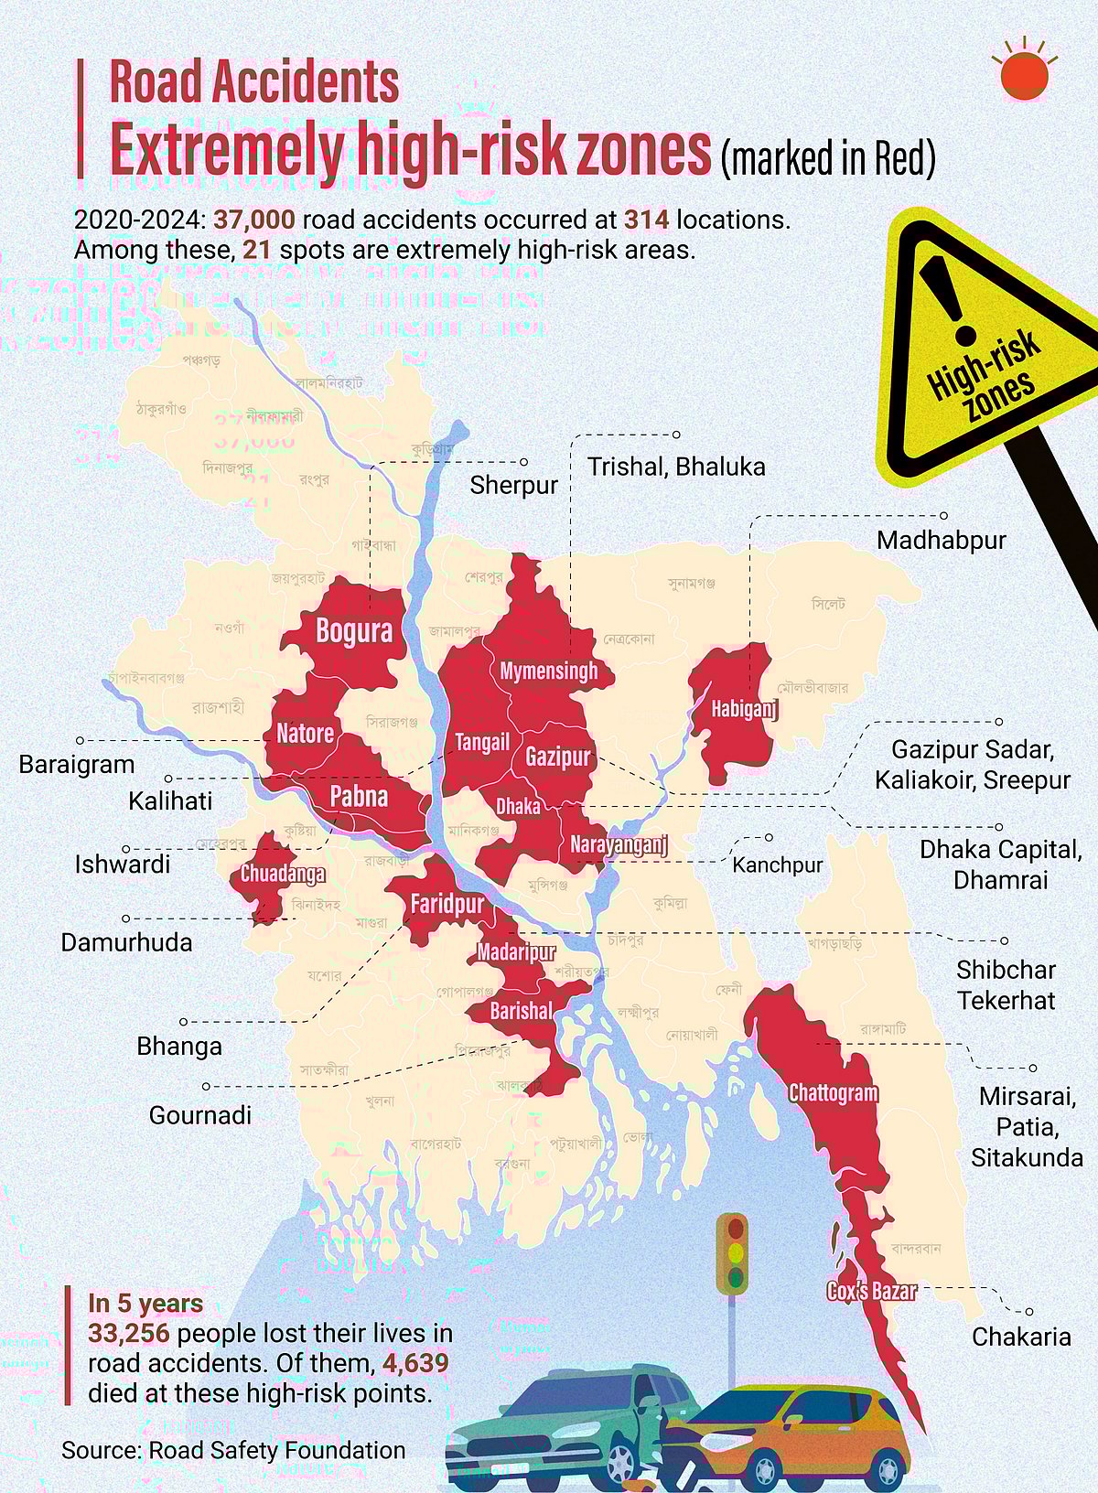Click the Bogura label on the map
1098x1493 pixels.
pyautogui.click(x=354, y=631)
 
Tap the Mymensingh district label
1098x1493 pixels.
pyautogui.click(x=548, y=671)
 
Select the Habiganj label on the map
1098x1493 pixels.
pyautogui.click(x=744, y=708)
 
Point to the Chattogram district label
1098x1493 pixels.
pyautogui.click(x=833, y=1093)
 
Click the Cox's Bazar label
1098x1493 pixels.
pyautogui.click(x=871, y=1291)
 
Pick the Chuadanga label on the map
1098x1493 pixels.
pyautogui.click(x=283, y=874)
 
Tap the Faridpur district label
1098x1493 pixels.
pyautogui.click(x=447, y=905)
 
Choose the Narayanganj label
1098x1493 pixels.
pyautogui.click(x=619, y=844)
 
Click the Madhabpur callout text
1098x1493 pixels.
pyautogui.click(x=941, y=540)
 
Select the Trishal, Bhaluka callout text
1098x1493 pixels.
pyautogui.click(x=676, y=467)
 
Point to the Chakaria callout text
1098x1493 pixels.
pyautogui.click(x=1021, y=1337)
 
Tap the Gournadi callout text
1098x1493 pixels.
pyautogui.click(x=199, y=1114)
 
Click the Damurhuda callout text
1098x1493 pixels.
pyautogui.click(x=126, y=942)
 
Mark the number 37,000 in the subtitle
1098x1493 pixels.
pyautogui.click(x=254, y=220)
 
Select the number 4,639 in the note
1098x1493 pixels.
pyautogui.click(x=415, y=1363)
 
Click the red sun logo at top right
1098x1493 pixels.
pyautogui.click(x=1023, y=76)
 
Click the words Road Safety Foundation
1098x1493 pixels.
pyautogui.click(x=276, y=1450)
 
